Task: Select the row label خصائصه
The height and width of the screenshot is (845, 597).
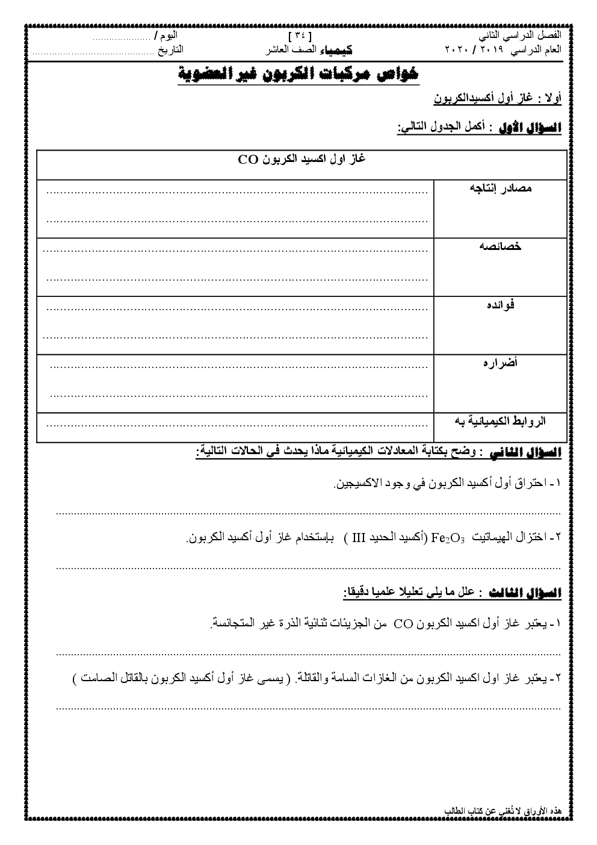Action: click(x=501, y=246)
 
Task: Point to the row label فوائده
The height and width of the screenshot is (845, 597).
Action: click(x=501, y=304)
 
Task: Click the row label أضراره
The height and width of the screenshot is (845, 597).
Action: click(x=501, y=363)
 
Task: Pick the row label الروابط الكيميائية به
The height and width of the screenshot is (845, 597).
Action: click(x=500, y=421)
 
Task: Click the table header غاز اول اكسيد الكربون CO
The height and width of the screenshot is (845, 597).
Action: click(x=302, y=160)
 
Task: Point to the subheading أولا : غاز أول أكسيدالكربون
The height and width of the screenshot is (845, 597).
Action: click(x=497, y=98)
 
